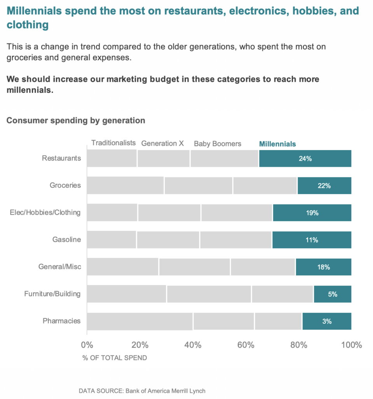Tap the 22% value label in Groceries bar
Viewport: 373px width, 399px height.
[324, 186]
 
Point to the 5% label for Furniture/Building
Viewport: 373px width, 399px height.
[333, 294]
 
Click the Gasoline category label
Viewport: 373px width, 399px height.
[67, 240]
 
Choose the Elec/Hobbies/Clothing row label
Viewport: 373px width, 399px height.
[45, 213]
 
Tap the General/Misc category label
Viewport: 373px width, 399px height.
[60, 267]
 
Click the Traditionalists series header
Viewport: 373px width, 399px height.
[114, 143]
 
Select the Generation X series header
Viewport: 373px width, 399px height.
[162, 143]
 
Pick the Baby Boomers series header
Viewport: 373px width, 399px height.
[217, 144]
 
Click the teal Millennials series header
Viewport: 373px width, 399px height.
[277, 144]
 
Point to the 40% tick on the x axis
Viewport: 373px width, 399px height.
[193, 345]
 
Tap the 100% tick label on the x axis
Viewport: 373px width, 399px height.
[351, 345]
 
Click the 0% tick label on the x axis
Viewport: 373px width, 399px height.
[87, 345]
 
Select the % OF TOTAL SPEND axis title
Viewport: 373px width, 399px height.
[115, 358]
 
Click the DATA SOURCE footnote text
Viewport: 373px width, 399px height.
[142, 390]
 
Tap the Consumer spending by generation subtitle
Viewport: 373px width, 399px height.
[76, 120]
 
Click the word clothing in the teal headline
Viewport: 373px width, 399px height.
[28, 25]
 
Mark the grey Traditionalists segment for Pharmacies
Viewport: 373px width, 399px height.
[140, 321]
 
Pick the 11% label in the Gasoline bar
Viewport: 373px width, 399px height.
[312, 240]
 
